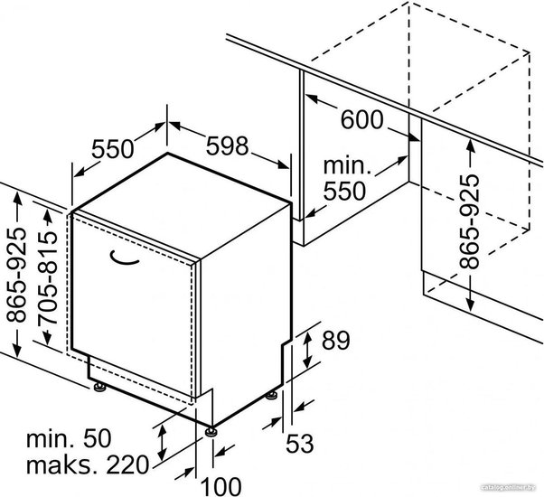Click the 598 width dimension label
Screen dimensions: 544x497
pyautogui.click(x=227, y=145)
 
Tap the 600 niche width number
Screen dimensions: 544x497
pyautogui.click(x=361, y=119)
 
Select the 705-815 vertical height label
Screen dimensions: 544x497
pyautogui.click(x=48, y=278)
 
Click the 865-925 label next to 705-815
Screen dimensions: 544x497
pyautogui.click(x=16, y=275)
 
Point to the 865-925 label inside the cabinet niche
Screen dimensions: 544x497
pyautogui.click(x=469, y=221)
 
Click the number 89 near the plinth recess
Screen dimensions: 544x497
pyautogui.click(x=336, y=341)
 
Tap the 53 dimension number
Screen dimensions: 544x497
pyautogui.click(x=300, y=444)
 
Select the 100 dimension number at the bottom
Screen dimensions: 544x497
pyautogui.click(x=221, y=486)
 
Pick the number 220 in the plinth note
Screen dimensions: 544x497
pyautogui.click(x=127, y=465)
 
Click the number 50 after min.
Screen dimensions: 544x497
pyautogui.click(x=98, y=438)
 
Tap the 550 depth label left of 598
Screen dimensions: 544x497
pyautogui.click(x=112, y=149)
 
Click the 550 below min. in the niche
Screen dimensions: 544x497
pyautogui.click(x=344, y=191)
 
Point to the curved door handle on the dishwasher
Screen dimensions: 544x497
pyautogui.click(x=124, y=259)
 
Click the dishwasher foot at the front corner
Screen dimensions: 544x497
pyautogui.click(x=211, y=431)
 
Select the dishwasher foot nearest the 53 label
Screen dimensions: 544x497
pyautogui.click(x=272, y=396)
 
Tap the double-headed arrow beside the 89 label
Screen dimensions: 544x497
pyautogui.click(x=307, y=350)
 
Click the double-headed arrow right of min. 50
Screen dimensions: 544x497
pyautogui.click(x=162, y=442)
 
